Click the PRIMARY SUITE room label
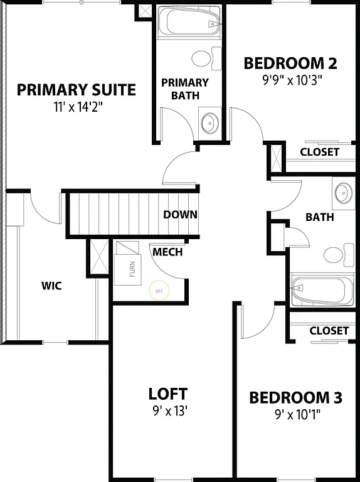click(76, 90)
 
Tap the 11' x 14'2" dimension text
click(78, 107)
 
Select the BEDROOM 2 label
click(290, 63)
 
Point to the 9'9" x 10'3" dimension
click(290, 80)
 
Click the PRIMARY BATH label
click(185, 88)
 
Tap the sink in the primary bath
click(209, 121)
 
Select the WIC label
click(51, 286)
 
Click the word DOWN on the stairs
click(180, 215)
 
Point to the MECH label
click(167, 252)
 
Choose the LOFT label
click(167, 394)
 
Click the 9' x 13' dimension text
click(167, 411)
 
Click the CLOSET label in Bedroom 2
click(319, 152)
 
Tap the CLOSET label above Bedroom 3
click(329, 330)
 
